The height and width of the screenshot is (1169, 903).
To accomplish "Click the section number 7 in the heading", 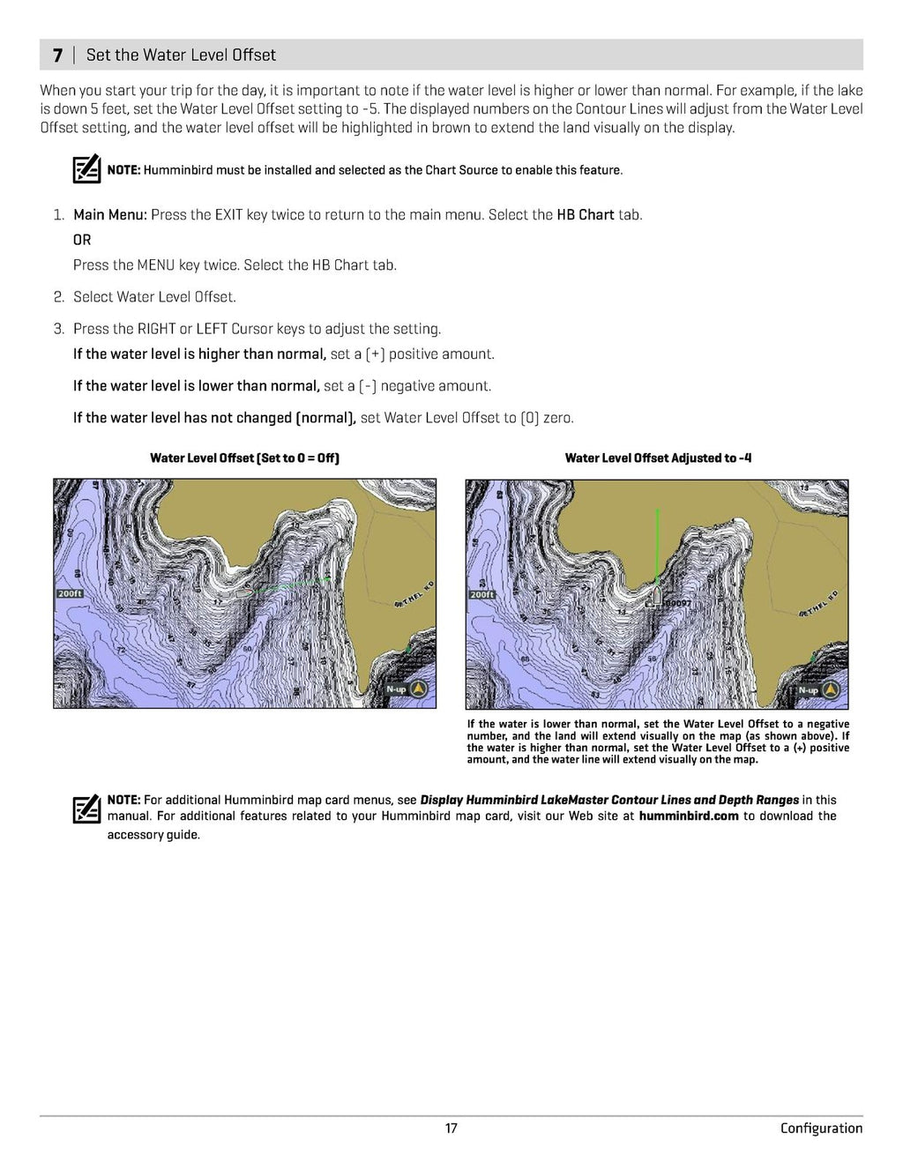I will click(x=57, y=55).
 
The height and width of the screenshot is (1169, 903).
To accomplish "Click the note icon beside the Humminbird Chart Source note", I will click(x=86, y=169).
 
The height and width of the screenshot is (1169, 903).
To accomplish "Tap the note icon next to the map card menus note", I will click(x=86, y=808).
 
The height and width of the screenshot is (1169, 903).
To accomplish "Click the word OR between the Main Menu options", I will click(x=82, y=240).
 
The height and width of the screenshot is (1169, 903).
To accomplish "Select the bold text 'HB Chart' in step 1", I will click(x=585, y=214).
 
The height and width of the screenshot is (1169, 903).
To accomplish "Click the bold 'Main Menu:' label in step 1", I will click(x=110, y=214).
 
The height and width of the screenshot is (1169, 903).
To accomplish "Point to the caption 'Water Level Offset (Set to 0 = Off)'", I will click(x=244, y=458).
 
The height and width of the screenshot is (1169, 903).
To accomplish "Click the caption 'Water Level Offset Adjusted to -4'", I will click(x=658, y=458).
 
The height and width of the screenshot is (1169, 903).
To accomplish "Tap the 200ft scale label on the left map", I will click(x=70, y=593).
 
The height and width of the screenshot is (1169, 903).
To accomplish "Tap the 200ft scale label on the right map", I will click(x=481, y=594).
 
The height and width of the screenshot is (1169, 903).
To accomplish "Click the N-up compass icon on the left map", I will click(x=419, y=689).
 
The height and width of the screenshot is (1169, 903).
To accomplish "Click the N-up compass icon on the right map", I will click(x=831, y=689).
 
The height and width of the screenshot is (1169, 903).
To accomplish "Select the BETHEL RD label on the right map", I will click(x=817, y=603).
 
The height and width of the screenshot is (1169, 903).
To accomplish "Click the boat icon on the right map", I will click(x=655, y=596).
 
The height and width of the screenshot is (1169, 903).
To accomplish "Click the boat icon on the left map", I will click(x=244, y=592).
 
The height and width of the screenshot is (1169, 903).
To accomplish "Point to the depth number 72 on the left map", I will click(x=121, y=650).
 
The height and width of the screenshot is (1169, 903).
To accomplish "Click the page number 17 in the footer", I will click(x=451, y=1128).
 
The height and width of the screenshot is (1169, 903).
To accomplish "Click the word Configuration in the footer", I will click(x=821, y=1128).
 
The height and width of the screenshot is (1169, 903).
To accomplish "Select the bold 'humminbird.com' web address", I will click(x=689, y=815).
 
